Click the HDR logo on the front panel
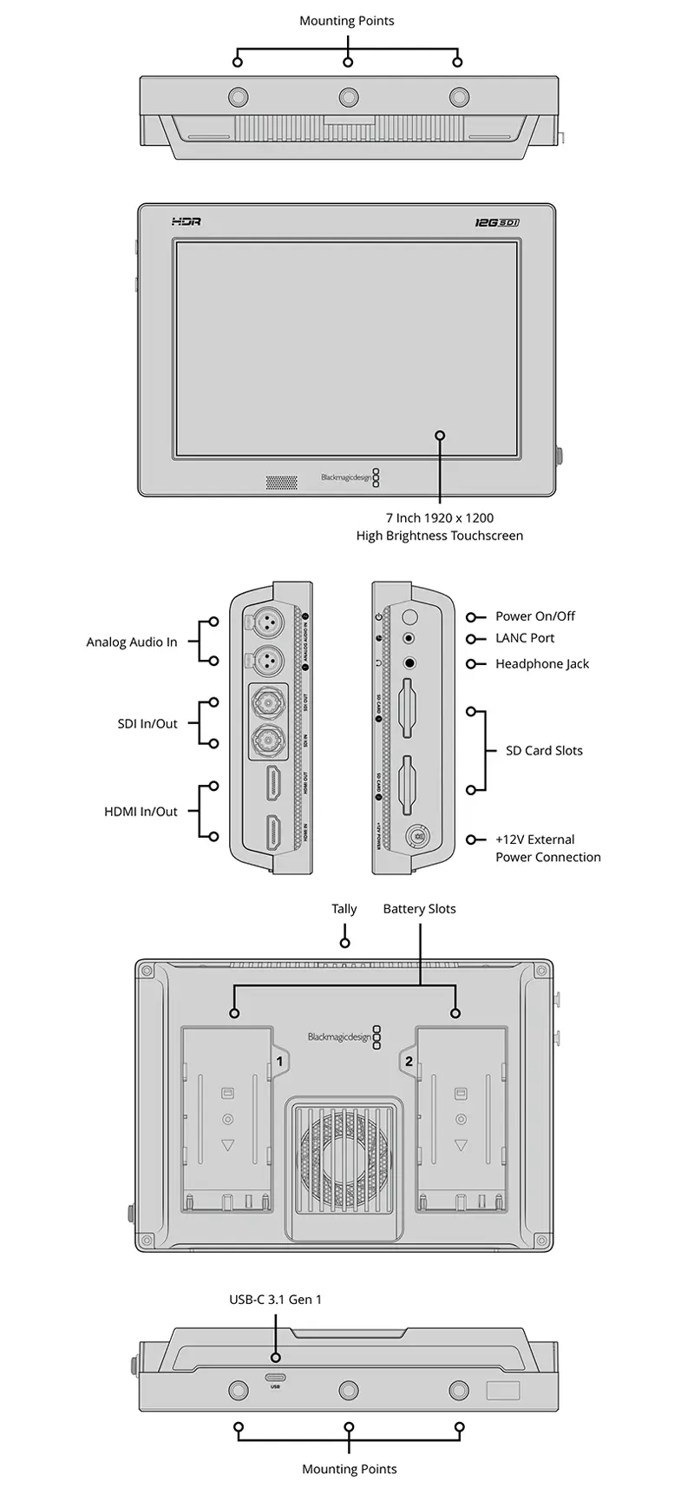[186, 222]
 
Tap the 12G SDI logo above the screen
[496, 222]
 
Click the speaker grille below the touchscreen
[280, 479]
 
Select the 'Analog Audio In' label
[132, 642]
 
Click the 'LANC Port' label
[525, 638]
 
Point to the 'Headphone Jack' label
[542, 664]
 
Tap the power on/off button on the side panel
[410, 617]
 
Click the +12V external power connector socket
[417, 838]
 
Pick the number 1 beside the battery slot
[279, 1060]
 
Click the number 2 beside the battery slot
[409, 1060]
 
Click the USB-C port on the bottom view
[276, 1377]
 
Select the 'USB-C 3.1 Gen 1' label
[275, 1300]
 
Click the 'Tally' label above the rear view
[344, 909]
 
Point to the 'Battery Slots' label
[419, 909]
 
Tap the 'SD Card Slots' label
[544, 751]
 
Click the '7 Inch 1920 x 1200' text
[440, 518]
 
